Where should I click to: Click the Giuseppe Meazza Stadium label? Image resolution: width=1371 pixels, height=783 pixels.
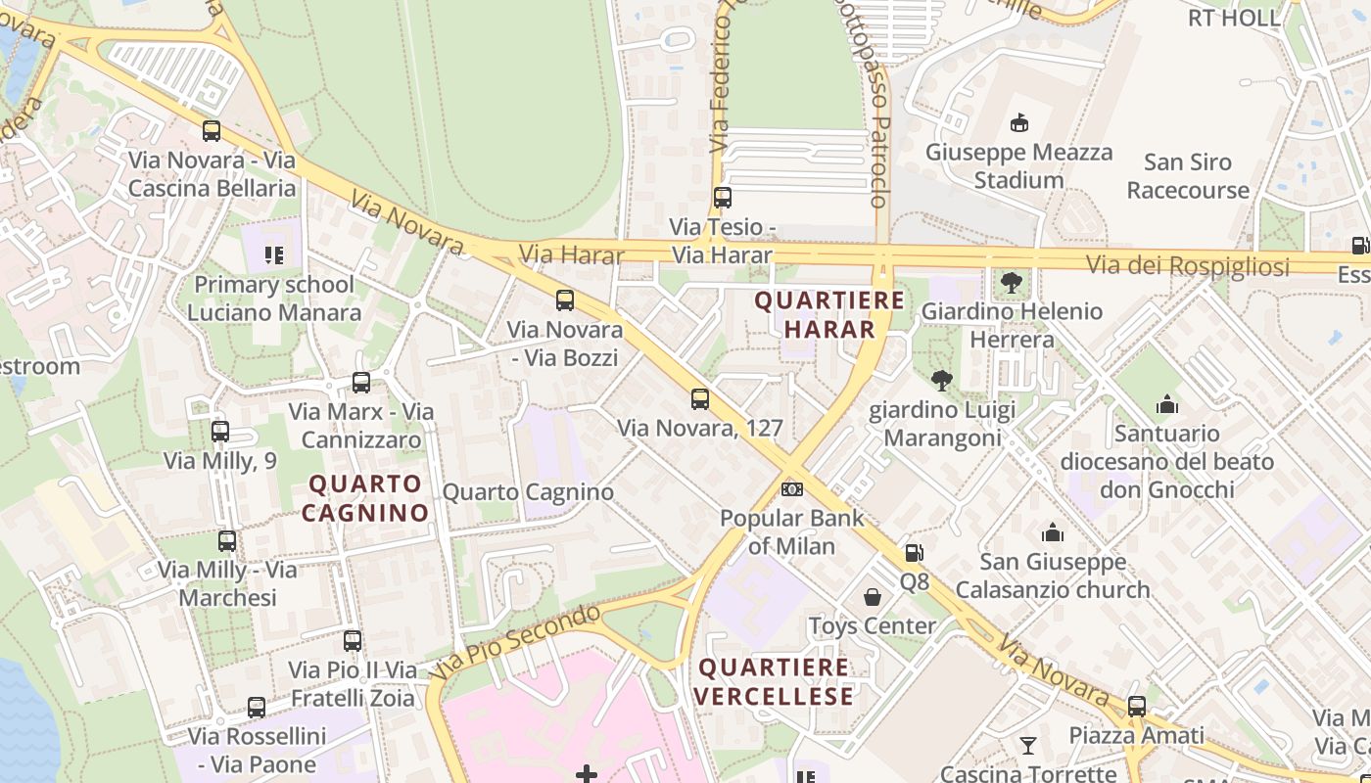(x=1018, y=166)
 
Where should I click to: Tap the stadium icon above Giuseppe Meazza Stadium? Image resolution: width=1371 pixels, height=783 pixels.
(x=1018, y=122)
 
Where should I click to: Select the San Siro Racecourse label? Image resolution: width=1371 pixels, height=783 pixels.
(x=1188, y=176)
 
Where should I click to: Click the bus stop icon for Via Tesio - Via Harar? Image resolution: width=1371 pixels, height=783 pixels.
(x=723, y=198)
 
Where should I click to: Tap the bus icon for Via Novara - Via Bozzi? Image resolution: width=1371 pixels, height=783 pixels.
(x=565, y=300)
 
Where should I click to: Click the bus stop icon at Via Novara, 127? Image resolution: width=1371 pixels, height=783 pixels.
(x=699, y=399)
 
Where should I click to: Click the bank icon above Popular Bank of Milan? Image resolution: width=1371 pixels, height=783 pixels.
(x=791, y=488)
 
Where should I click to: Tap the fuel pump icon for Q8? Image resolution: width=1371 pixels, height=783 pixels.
(x=913, y=553)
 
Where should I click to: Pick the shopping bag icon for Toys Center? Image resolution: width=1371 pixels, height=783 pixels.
(x=872, y=597)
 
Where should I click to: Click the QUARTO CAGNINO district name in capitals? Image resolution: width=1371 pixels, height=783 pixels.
(x=365, y=497)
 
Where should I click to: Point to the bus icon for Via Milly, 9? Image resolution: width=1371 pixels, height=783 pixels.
(x=220, y=432)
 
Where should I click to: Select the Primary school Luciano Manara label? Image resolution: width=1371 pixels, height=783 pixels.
(x=274, y=299)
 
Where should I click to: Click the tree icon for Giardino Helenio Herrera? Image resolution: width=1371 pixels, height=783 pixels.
(x=1012, y=284)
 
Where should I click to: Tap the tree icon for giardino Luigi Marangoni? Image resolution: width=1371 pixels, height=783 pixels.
(x=942, y=381)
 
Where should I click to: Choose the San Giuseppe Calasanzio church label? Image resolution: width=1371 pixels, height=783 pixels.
(x=1053, y=576)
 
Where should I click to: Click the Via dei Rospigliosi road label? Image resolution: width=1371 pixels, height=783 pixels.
(x=1187, y=265)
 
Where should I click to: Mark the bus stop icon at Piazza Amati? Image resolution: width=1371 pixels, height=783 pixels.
(x=1136, y=707)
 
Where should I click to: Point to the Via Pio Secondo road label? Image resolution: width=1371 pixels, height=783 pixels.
(x=515, y=641)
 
